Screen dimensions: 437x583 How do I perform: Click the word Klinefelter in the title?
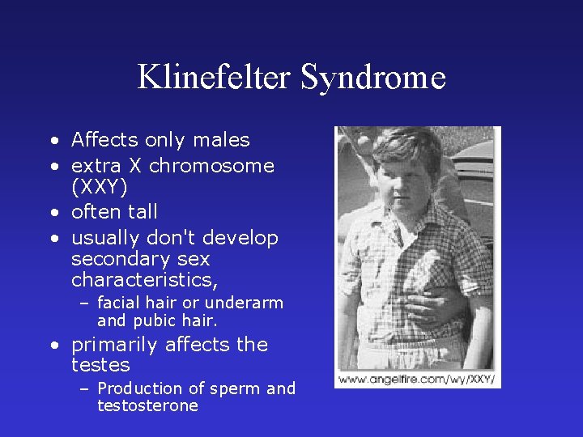(214, 78)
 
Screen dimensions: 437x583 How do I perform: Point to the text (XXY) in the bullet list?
(100, 186)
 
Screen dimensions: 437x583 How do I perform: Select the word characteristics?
(144, 280)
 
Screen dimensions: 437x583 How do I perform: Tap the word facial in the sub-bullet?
(120, 303)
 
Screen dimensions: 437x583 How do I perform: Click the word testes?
(100, 365)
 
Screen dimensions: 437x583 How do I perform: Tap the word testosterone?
(147, 405)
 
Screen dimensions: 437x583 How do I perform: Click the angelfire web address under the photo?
(417, 379)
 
